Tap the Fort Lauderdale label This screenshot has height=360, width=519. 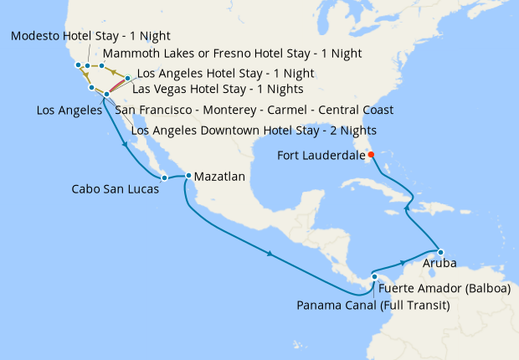(320, 155)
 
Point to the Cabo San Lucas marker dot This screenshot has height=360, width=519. (165, 177)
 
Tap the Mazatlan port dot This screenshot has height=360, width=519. (188, 176)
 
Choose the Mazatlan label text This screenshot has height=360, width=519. (219, 177)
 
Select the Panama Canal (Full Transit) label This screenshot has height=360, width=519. (373, 306)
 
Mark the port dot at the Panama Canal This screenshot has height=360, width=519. (375, 277)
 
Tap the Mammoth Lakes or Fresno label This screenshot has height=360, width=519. (232, 54)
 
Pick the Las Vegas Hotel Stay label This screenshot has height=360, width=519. (218, 90)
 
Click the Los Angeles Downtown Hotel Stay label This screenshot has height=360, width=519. (254, 130)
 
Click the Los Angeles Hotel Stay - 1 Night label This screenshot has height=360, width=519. (225, 74)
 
